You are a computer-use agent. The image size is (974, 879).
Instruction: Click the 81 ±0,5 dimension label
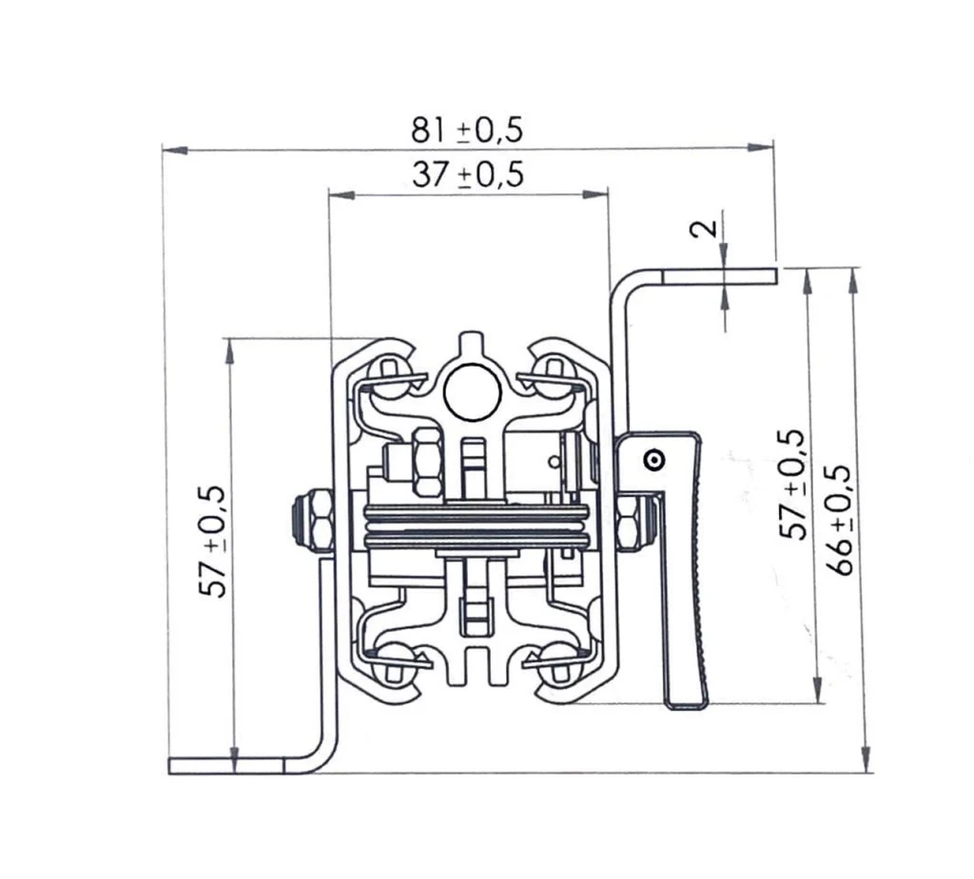[x=467, y=130]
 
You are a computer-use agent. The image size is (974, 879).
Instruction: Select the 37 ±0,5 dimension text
[x=468, y=175]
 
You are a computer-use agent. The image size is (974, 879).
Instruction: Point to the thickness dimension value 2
[x=704, y=229]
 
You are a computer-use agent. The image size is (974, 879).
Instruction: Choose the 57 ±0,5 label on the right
[x=793, y=485]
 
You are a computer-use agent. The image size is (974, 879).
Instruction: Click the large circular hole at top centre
[x=473, y=392]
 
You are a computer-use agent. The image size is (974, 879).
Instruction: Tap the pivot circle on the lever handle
[x=654, y=460]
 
